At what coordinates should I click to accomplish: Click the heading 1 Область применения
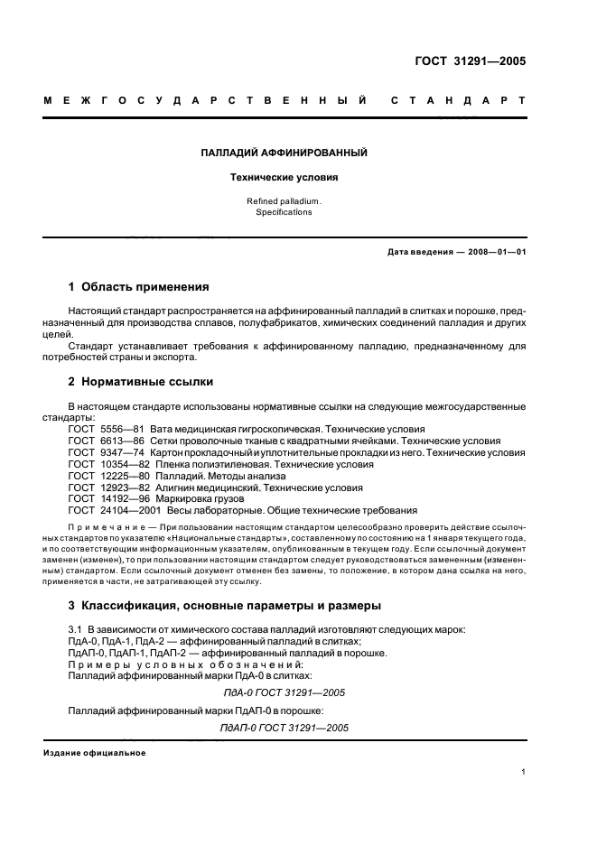coord(139,287)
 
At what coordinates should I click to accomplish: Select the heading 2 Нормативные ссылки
coord(141,382)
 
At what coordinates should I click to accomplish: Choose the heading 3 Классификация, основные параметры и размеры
coord(225,605)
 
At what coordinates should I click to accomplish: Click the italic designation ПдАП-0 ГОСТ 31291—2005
coord(284,728)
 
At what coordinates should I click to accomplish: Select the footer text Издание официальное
coord(95,753)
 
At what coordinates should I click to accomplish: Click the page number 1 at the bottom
coord(524,771)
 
